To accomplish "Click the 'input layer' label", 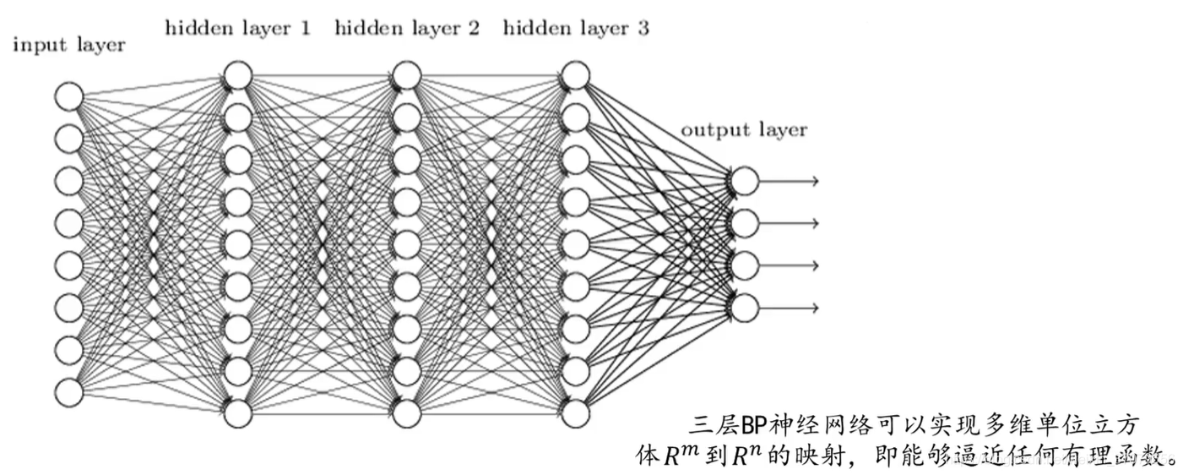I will (x=68, y=46).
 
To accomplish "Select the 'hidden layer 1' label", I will (x=238, y=29).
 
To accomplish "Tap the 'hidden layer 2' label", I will (x=407, y=29).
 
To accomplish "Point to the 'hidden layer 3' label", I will (x=576, y=29).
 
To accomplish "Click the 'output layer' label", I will (x=744, y=130).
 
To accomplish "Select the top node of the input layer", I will (x=68, y=96).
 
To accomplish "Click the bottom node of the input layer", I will (x=68, y=392).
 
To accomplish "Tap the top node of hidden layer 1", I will (x=238, y=75).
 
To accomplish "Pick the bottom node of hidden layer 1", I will (x=238, y=413).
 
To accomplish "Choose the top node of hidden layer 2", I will (x=407, y=75).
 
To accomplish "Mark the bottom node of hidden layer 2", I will (x=407, y=413).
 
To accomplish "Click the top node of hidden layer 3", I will (x=575, y=75).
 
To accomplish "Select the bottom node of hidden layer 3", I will (x=575, y=413).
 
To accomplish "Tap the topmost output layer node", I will (x=745, y=181).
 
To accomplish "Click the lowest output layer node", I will (x=745, y=308).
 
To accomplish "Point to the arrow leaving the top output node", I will (x=790, y=181).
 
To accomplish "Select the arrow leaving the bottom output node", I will (x=790, y=308).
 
